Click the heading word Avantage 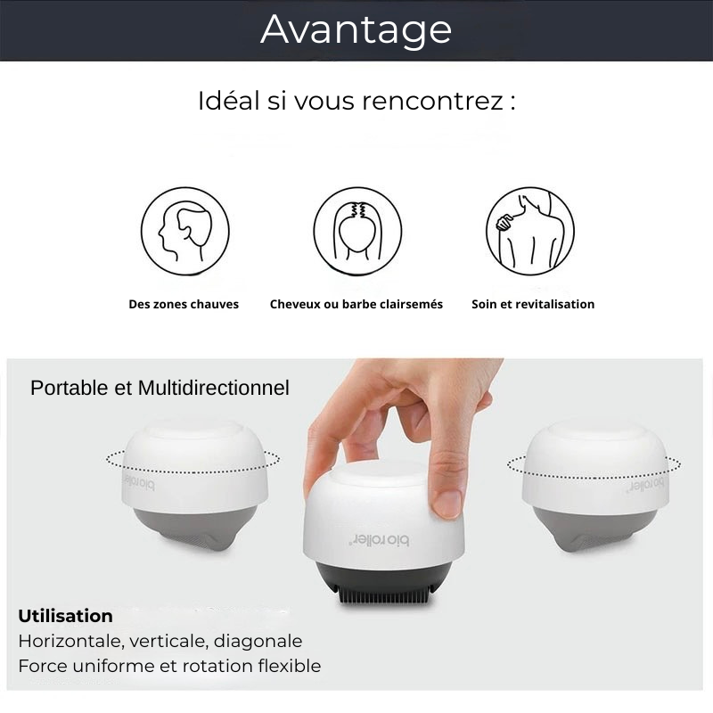356,30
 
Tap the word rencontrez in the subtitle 433,101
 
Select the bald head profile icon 185,231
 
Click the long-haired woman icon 358,231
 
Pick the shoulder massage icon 530,231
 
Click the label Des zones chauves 184,304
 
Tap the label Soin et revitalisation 533,304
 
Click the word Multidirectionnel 213,389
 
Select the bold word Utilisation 65,616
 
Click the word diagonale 258,641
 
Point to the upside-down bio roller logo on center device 378,540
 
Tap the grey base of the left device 186,529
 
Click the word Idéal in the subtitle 228,101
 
